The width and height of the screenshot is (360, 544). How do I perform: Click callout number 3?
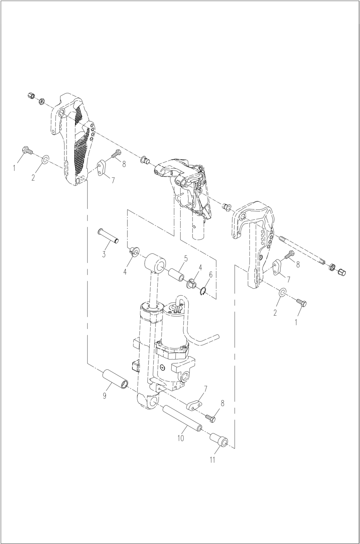104,254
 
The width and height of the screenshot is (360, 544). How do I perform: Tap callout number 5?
186,259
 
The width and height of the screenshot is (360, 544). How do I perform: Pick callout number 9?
105,395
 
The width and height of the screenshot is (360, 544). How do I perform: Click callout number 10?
181,438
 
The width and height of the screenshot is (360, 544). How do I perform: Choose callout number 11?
212,459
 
